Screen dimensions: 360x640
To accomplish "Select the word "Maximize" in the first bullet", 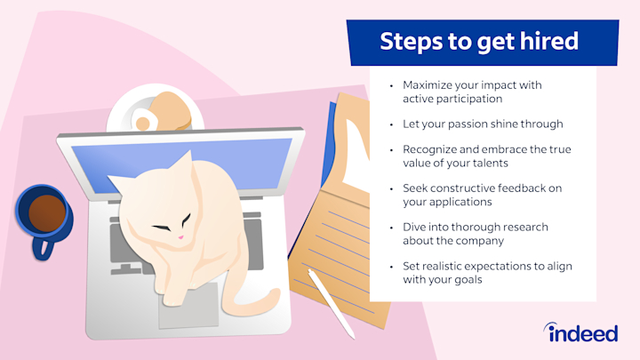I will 431,85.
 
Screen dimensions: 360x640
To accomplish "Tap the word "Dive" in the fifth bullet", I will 415,227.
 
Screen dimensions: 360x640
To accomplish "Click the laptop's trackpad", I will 188,308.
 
